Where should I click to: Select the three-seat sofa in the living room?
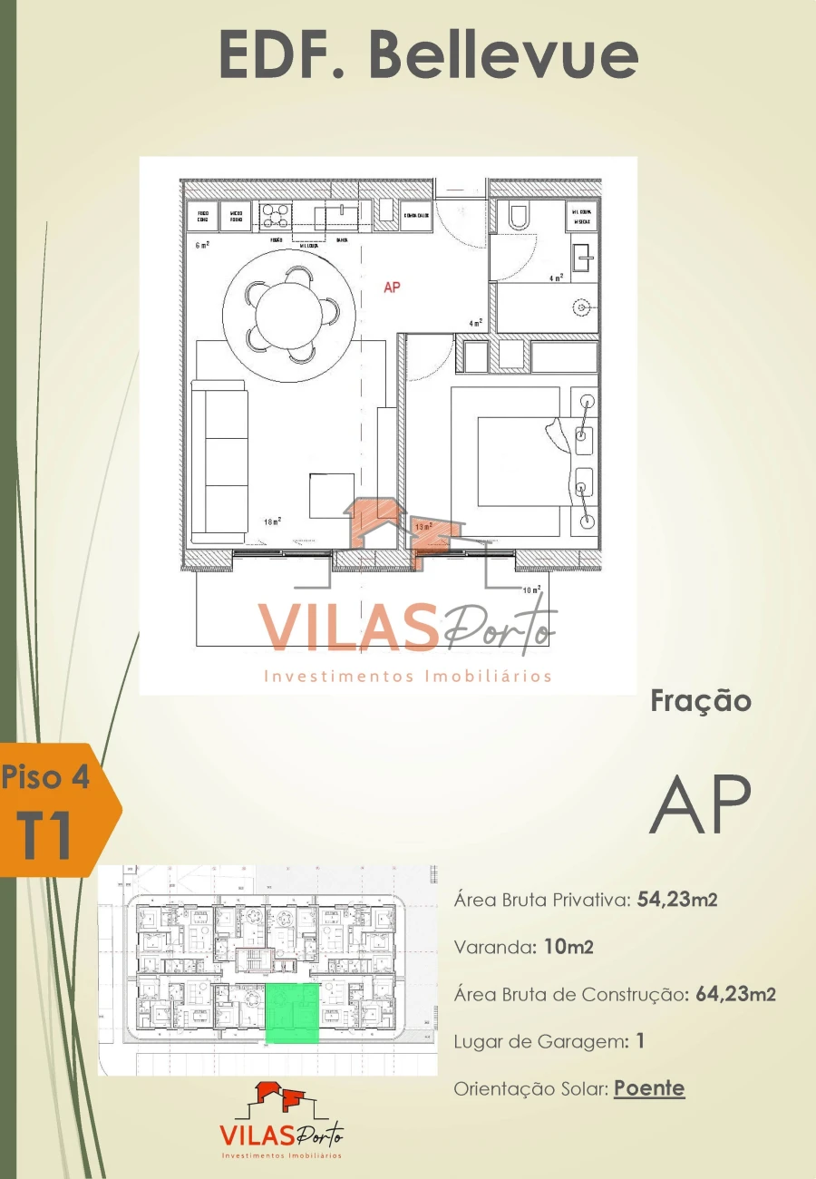click(219, 460)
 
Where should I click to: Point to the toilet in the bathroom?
click(519, 216)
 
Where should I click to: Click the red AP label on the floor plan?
click(392, 287)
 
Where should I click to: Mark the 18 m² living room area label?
click(272, 521)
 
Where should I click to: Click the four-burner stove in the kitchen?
click(276, 215)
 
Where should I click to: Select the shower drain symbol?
click(581, 309)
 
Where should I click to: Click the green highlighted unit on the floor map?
click(293, 1013)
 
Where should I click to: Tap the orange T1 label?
click(45, 836)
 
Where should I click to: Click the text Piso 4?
click(45, 777)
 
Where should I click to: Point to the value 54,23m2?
click(678, 900)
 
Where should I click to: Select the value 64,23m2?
click(735, 994)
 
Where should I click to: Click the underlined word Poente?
click(649, 1088)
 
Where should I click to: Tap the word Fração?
click(701, 701)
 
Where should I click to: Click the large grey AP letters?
click(700, 804)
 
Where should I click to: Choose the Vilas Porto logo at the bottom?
click(282, 1122)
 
